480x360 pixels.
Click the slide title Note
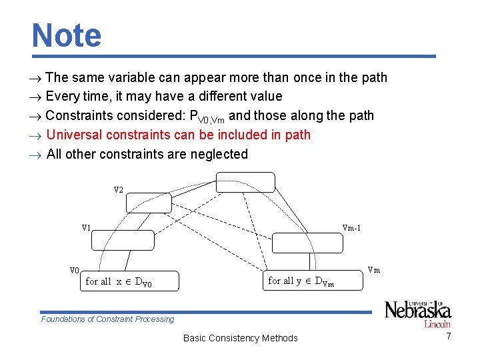67,35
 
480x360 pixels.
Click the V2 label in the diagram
118,190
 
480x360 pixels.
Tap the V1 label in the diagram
86,227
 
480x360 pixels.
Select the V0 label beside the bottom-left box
75,270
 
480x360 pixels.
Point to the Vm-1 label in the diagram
351,227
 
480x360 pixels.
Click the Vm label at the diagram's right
374,270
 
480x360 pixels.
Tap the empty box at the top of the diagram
245,182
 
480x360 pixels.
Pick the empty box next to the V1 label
123,241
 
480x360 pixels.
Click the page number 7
449,337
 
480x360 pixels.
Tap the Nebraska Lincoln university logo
417,313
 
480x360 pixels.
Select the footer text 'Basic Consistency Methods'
240,338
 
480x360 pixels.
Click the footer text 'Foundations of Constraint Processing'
107,319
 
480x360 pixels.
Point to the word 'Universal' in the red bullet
75,135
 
